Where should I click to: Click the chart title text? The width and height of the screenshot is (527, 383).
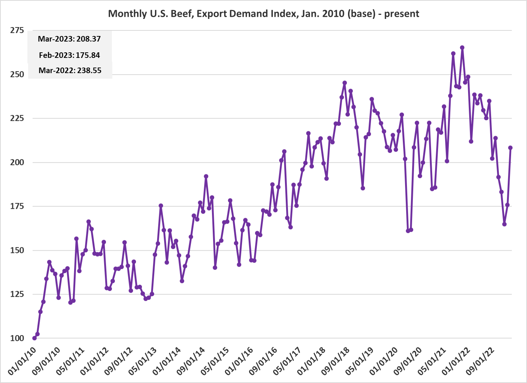263,14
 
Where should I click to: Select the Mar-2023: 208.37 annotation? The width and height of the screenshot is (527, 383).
69,39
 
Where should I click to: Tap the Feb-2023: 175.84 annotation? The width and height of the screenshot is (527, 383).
69,55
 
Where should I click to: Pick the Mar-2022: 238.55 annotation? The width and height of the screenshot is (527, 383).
70,70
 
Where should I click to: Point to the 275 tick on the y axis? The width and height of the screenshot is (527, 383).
17,30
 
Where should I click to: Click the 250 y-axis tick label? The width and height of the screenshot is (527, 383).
17,75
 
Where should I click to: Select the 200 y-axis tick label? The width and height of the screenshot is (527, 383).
17,162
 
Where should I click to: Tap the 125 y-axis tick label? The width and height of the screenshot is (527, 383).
17,294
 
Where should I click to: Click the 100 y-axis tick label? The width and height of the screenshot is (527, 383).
17,338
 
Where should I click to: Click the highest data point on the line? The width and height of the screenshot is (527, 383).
462,47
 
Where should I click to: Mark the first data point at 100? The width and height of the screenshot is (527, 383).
34,338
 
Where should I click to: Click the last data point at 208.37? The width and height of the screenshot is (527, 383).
510,148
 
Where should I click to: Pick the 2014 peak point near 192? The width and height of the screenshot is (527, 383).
206,176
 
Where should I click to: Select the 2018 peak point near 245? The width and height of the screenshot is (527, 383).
345,83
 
